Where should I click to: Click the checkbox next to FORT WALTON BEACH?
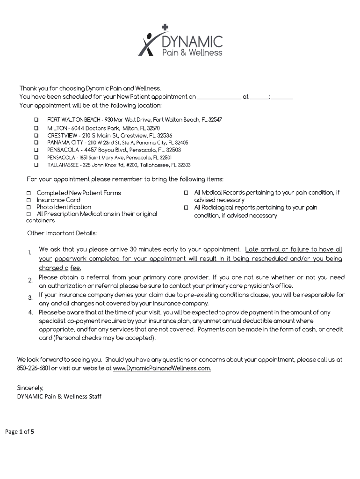pos(36,120)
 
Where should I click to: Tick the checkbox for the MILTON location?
pos(36,128)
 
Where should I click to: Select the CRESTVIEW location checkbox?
pos(36,136)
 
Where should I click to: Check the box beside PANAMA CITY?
pos(36,143)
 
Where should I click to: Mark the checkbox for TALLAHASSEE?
pos(36,165)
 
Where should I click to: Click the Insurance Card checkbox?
pos(29,200)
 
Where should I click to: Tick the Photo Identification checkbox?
pos(29,207)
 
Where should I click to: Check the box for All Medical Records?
pos(186,193)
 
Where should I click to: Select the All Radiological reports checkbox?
pos(186,207)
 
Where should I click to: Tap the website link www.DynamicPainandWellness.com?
pos(162,368)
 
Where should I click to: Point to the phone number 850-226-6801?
pos(34,368)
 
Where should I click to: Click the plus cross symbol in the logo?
pos(165,28)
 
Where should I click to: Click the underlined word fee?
pos(75,268)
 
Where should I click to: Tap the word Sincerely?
pos(30,388)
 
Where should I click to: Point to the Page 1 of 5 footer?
pos(20,432)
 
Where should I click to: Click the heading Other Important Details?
pos(62,233)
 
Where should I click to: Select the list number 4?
pos(30,312)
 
